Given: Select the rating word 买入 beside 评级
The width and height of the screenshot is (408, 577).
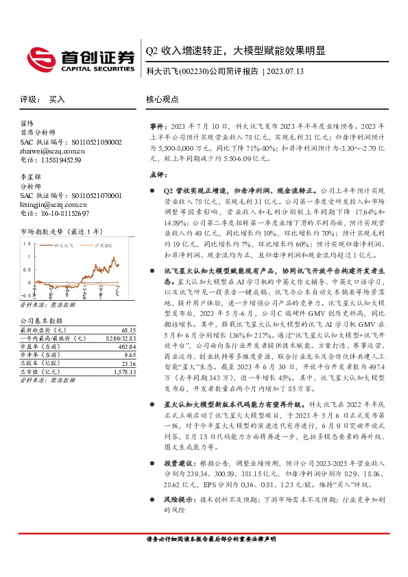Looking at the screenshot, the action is tap(57, 99).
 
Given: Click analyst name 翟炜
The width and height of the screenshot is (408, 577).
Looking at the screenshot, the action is tap(27, 124).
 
